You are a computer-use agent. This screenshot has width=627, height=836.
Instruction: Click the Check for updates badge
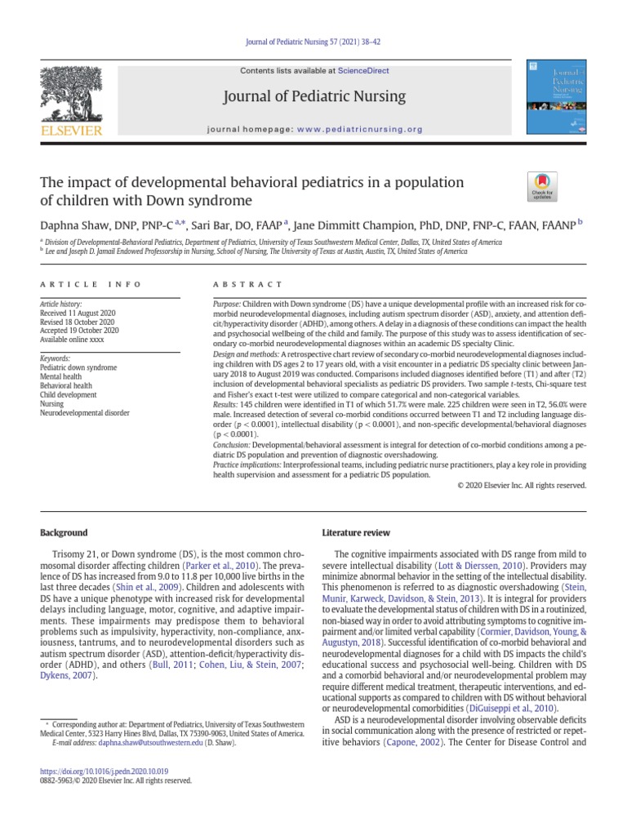coord(540,188)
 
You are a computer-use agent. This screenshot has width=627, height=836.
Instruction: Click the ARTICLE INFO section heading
coord(90,284)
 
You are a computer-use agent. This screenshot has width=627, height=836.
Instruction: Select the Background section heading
coord(64,533)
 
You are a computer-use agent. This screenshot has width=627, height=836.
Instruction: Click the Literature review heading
coord(356,533)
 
